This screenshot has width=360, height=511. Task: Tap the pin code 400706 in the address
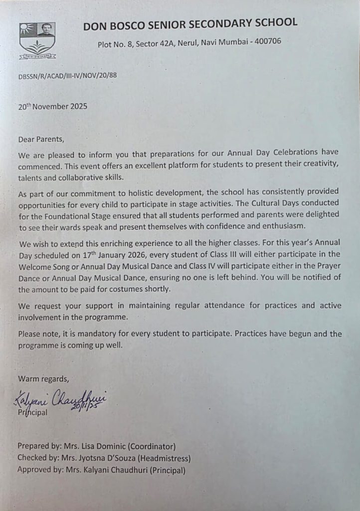268,41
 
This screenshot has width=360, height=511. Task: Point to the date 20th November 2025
53,106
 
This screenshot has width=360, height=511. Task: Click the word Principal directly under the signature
32,413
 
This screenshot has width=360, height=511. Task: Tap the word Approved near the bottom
35,470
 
